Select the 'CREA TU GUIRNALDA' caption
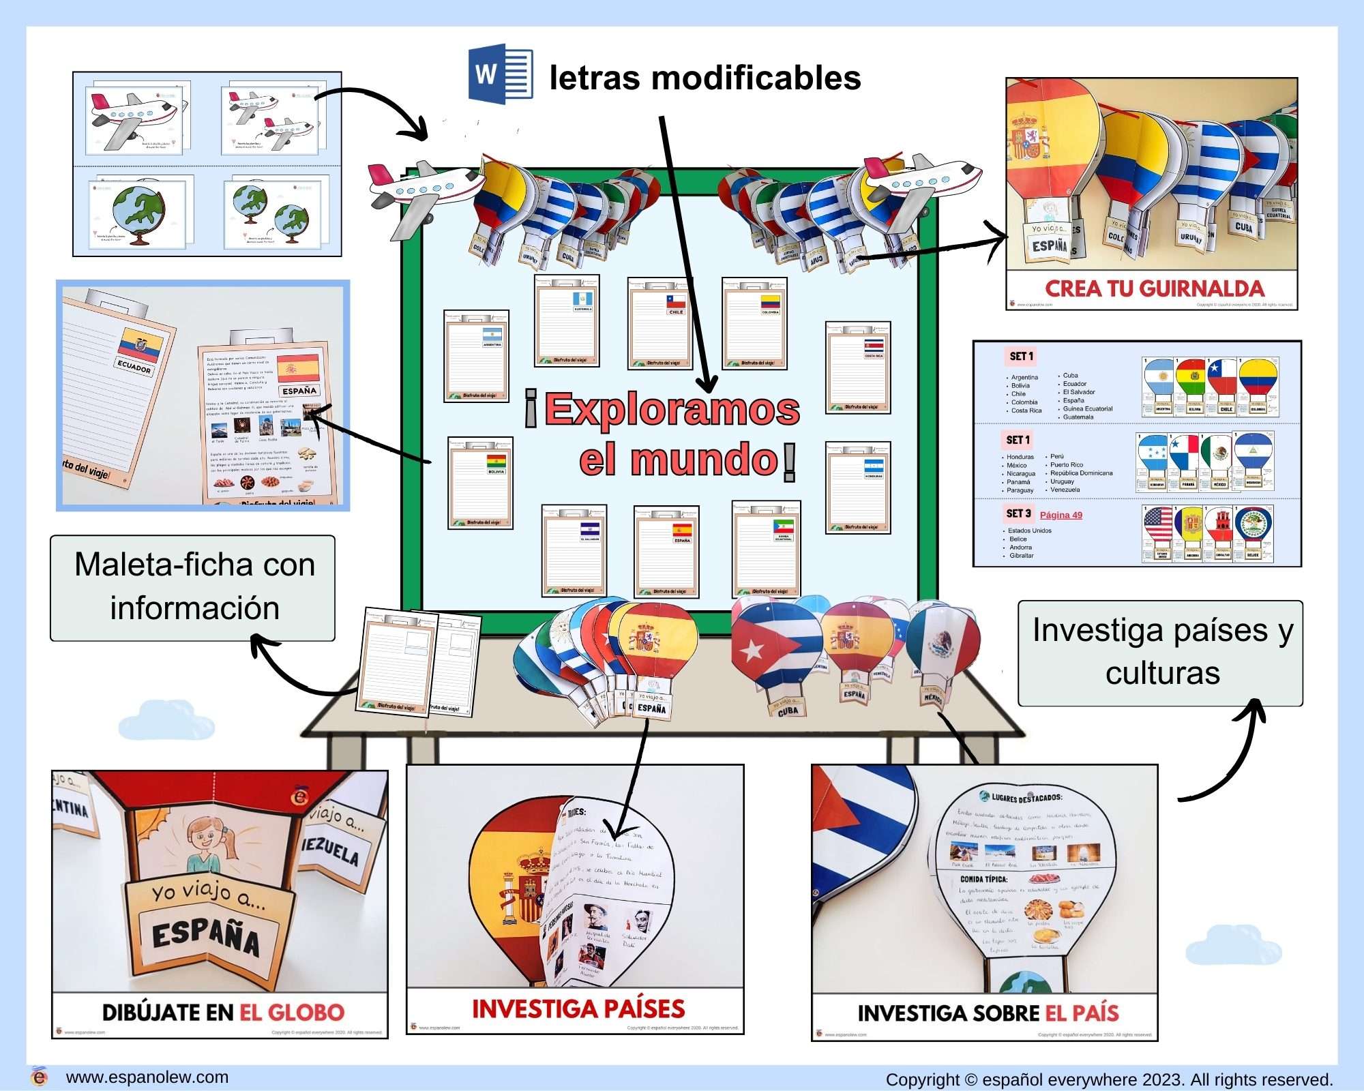point(1154,288)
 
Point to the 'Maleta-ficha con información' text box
point(194,587)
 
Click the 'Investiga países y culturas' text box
point(1161,652)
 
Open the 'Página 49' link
point(1061,515)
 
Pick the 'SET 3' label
point(1018,513)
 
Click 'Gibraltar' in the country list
point(1022,556)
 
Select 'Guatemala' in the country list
point(1078,417)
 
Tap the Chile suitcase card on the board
point(659,323)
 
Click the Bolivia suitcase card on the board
point(480,482)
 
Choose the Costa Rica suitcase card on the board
point(857,367)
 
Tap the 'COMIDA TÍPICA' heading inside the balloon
point(983,880)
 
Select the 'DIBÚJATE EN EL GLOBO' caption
point(223,1013)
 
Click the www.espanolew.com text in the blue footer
point(147,1077)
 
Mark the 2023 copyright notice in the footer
point(1109,1080)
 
